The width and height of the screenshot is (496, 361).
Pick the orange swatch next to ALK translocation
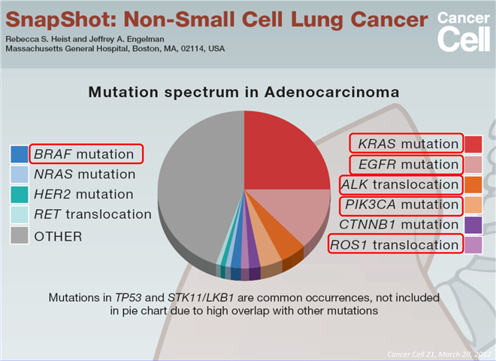pos(473,184)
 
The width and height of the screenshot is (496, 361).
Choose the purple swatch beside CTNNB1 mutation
pos(473,224)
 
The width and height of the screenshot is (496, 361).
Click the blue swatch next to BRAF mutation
pos(20,154)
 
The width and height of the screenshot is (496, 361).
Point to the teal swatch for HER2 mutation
pos(20,194)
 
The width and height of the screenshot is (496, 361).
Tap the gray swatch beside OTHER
pos(20,235)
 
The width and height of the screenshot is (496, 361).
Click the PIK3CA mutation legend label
pos(398,205)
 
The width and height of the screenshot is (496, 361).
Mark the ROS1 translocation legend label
pos(395,244)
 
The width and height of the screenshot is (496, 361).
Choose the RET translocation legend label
pos(92,214)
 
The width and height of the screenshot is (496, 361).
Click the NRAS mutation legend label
pos(84,174)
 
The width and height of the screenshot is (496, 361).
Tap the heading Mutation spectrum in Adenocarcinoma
pos(244,93)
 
